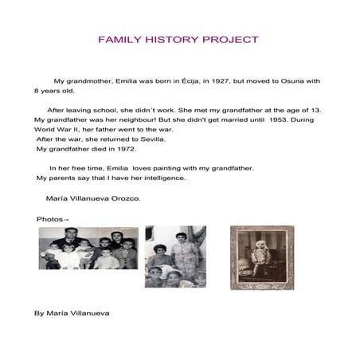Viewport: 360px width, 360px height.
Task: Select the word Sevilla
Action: pos(144,139)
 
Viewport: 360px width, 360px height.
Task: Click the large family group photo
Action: pos(88,248)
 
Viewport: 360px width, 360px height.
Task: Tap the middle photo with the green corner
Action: pos(175,256)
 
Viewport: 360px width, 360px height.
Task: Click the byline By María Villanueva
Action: pos(72,313)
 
